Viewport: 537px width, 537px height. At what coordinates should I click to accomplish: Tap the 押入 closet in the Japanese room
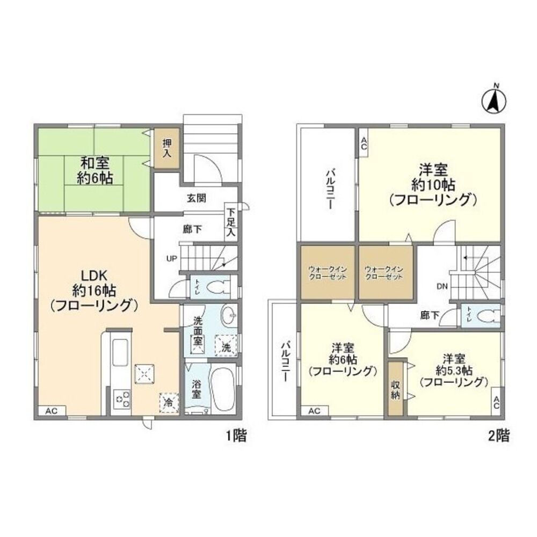pyautogui.click(x=166, y=148)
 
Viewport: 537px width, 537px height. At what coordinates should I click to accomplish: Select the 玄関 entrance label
pyautogui.click(x=197, y=198)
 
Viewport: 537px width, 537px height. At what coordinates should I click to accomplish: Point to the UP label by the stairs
pyautogui.click(x=172, y=259)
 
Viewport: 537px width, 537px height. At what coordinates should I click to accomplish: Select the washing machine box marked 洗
pyautogui.click(x=226, y=345)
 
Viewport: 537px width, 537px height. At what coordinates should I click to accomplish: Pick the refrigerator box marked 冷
pyautogui.click(x=169, y=403)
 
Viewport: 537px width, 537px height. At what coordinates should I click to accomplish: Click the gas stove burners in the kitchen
pyautogui.click(x=122, y=399)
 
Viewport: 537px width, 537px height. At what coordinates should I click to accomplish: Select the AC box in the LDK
pyautogui.click(x=52, y=411)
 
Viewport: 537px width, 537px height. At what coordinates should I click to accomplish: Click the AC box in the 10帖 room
pyautogui.click(x=364, y=142)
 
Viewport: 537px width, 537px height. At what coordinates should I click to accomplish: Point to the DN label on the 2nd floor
pyautogui.click(x=442, y=287)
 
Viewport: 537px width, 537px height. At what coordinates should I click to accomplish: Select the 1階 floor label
pyautogui.click(x=236, y=436)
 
